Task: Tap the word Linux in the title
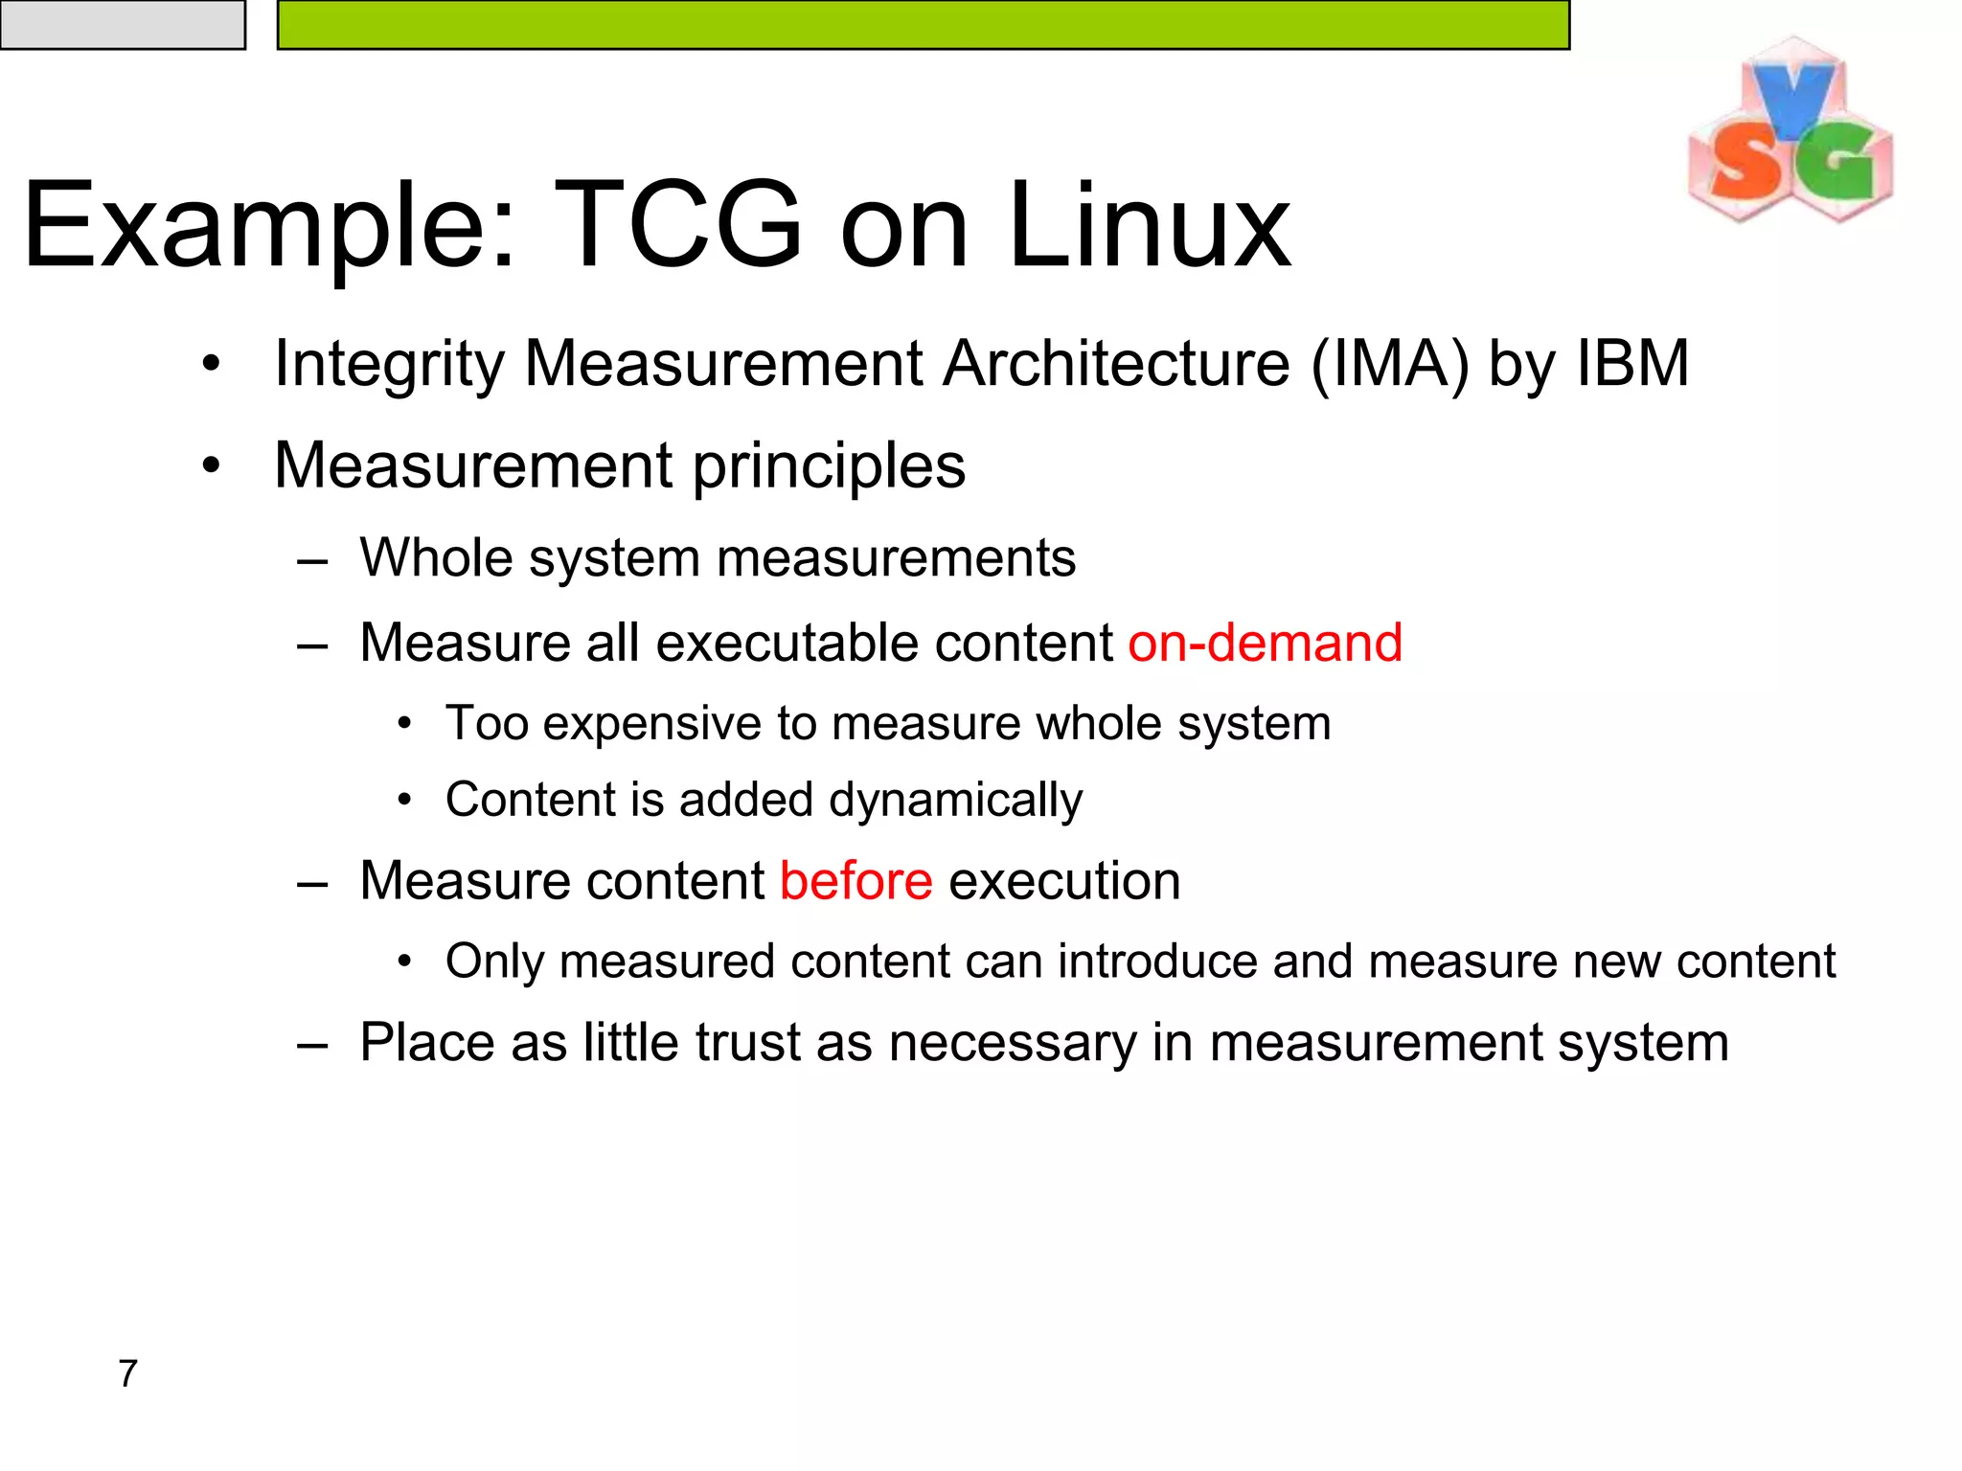1149,227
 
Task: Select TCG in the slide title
677,227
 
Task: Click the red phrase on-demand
1265,643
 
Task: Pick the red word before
856,881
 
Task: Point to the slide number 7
127,1373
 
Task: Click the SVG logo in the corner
1790,131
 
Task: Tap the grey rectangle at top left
122,24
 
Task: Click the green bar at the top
923,24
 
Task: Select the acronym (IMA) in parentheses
1388,365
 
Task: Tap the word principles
829,466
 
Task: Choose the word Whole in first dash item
436,557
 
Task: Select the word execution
1063,881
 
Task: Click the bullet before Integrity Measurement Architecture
211,365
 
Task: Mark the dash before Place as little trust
312,1044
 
